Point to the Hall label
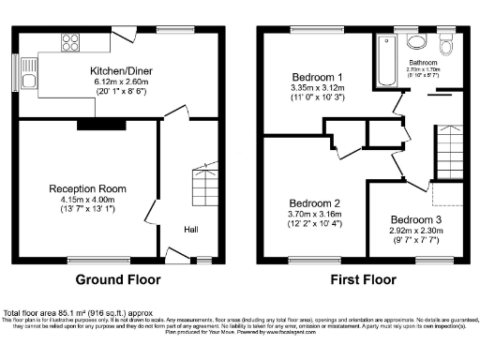tap(190, 230)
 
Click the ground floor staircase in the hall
tap(200, 186)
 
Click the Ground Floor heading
tap(117, 279)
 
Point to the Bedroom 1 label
tap(317, 76)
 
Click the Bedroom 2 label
tap(314, 203)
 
